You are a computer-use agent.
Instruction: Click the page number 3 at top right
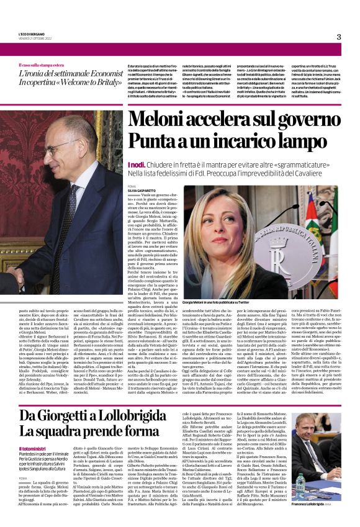[x=339, y=37]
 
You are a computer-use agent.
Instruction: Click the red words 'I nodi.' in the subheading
[x=136, y=164]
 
